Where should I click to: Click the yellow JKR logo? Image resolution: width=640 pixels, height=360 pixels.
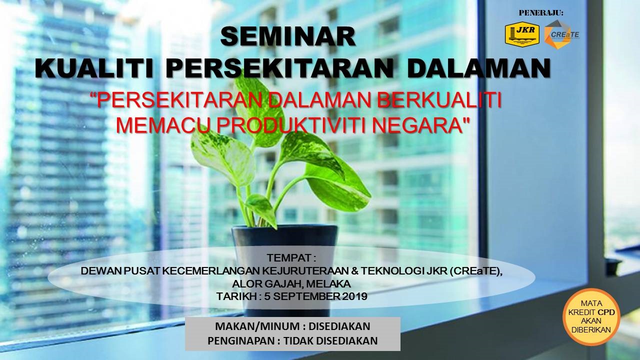(522, 34)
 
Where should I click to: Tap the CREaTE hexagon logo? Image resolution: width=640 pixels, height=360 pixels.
(561, 34)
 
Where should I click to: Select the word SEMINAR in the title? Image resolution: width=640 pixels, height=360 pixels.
(288, 36)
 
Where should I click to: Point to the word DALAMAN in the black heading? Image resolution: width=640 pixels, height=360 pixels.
(479, 68)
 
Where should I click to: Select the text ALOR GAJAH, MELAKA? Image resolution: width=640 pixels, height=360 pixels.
(291, 284)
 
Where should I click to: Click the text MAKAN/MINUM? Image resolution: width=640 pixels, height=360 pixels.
(257, 326)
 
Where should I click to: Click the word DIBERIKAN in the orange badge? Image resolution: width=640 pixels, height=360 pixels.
(591, 329)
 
